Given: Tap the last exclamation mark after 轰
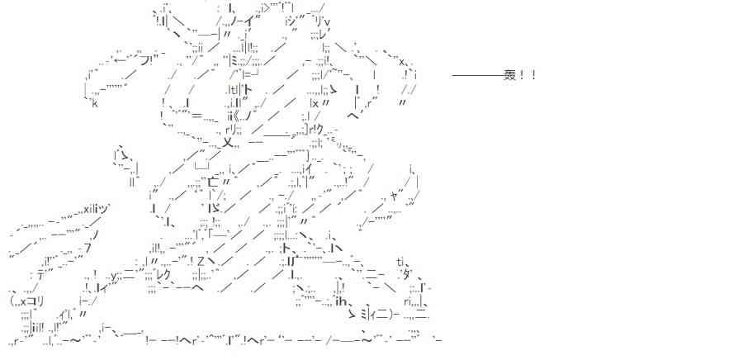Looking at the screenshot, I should (x=534, y=76).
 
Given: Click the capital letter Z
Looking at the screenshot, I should (x=201, y=263).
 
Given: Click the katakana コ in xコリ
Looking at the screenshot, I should (x=35, y=301).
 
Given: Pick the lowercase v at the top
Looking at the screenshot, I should (x=328, y=22).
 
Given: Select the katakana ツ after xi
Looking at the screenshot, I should (x=106, y=208).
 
